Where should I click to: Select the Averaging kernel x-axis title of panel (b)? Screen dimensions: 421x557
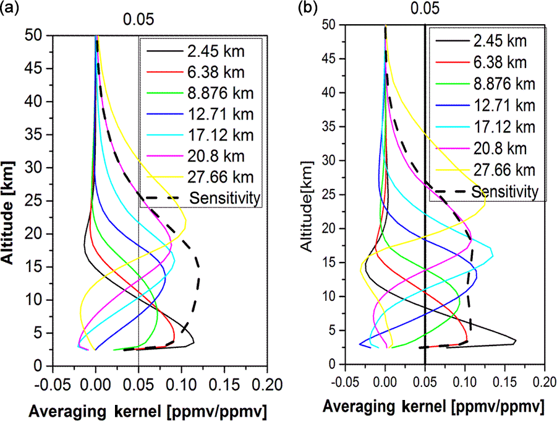[433, 407]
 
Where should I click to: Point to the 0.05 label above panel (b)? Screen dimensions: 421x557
[425, 9]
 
